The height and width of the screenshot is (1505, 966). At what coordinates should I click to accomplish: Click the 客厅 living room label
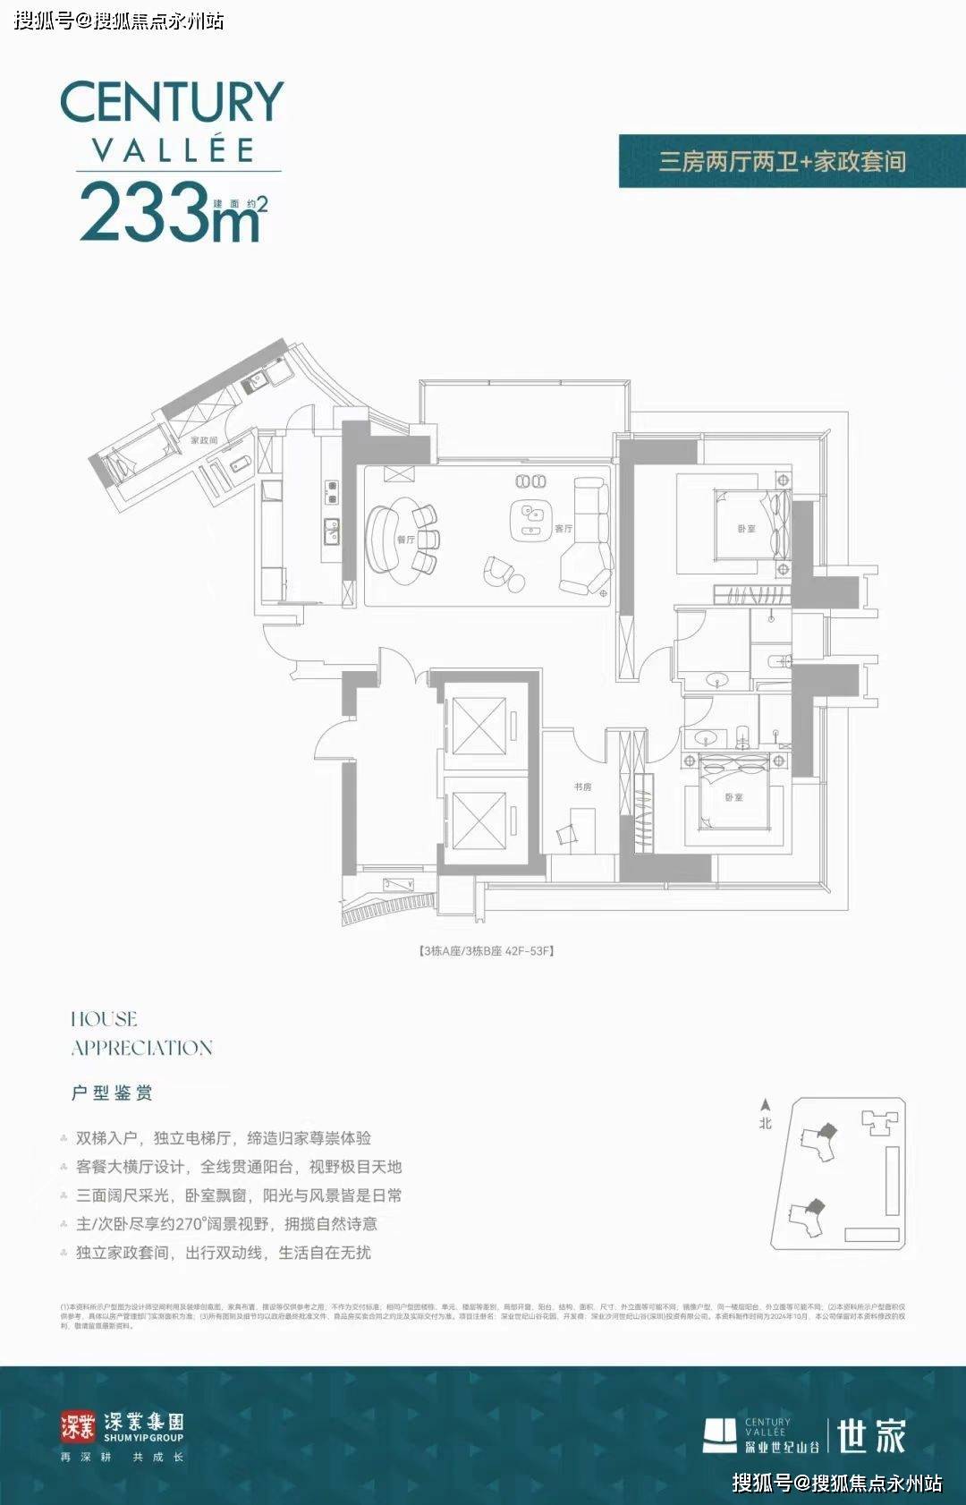(x=563, y=529)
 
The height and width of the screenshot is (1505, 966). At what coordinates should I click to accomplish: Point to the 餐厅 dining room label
(x=406, y=540)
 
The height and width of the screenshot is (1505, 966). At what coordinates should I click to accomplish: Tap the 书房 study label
(x=582, y=787)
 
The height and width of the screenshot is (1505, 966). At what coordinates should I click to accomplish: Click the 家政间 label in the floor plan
(x=204, y=441)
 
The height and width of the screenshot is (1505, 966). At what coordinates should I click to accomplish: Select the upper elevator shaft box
(x=479, y=726)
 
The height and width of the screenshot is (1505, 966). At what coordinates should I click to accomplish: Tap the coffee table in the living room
(x=531, y=520)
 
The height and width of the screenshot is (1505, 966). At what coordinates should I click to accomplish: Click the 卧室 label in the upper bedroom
(x=746, y=529)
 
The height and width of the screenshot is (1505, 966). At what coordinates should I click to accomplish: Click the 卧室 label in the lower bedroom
(x=733, y=797)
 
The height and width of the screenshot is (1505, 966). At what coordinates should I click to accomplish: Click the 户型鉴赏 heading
(x=112, y=1093)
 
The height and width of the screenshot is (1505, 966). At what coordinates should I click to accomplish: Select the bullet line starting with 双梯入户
(x=223, y=1138)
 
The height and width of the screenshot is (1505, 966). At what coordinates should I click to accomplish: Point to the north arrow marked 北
(x=765, y=1115)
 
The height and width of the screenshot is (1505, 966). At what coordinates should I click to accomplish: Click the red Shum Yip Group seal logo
(x=78, y=1426)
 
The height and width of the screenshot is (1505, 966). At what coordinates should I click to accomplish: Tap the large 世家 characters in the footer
(x=871, y=1435)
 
